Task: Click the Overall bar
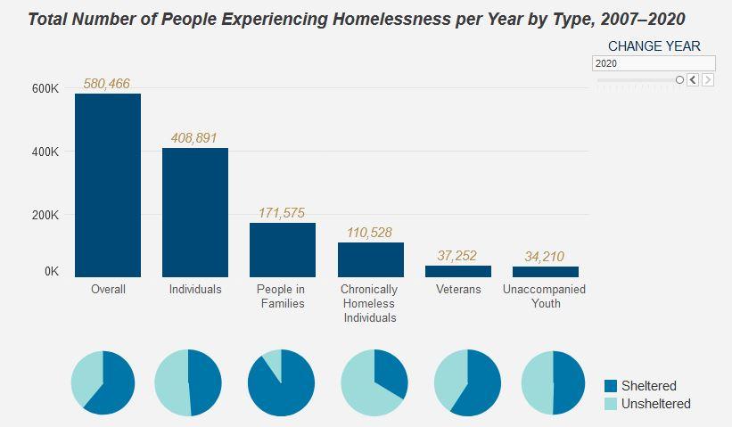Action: [108, 185]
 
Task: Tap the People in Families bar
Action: [283, 250]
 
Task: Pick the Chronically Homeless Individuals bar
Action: [371, 259]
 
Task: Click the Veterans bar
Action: [458, 271]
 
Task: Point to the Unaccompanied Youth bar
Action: [546, 271]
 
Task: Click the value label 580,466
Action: [107, 84]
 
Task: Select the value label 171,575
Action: [282, 213]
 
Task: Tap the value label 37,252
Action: [457, 256]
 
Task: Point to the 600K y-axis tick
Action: [45, 89]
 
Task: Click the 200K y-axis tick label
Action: [45, 215]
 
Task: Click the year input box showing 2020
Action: [654, 64]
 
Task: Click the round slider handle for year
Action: [679, 80]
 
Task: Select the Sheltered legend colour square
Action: [611, 386]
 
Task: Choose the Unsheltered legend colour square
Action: [611, 404]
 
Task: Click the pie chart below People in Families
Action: [281, 382]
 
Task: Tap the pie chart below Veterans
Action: [467, 382]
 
